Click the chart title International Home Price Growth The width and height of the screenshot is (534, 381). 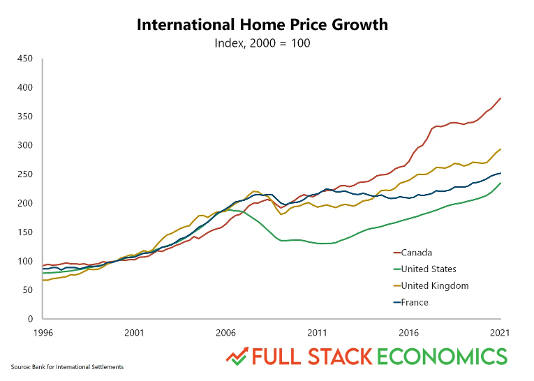[261, 25]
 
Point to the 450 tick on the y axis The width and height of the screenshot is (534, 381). [26, 59]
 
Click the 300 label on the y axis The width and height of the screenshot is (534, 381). [26, 145]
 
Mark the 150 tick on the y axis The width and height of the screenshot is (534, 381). [26, 232]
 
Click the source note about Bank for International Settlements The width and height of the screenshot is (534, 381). [67, 367]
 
